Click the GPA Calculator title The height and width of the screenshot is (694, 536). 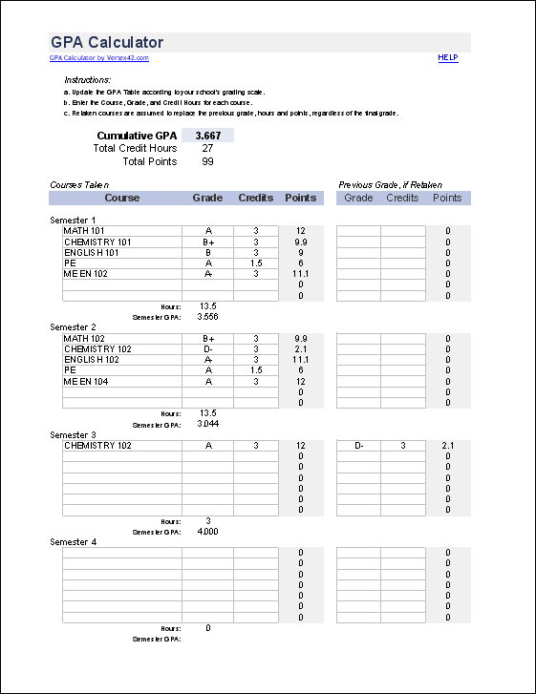click(x=106, y=42)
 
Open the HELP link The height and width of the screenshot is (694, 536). click(x=448, y=58)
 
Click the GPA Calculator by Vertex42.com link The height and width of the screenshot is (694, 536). click(x=99, y=58)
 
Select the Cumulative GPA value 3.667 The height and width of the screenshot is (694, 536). click(x=207, y=136)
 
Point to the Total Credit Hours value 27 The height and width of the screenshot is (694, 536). click(x=207, y=149)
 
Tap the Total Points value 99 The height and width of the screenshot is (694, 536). click(x=207, y=161)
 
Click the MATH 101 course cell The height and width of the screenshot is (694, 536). click(x=85, y=231)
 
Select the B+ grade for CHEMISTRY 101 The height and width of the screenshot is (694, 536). click(x=207, y=242)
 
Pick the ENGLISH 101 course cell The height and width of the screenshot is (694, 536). click(x=91, y=253)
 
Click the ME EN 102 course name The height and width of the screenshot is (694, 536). click(x=85, y=274)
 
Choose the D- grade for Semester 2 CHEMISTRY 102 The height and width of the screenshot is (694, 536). click(x=207, y=349)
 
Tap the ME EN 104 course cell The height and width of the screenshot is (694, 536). click(x=85, y=381)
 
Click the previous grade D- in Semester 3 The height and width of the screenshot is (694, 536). click(x=358, y=446)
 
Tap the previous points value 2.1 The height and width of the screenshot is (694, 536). click(x=447, y=446)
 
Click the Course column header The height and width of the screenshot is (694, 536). click(x=121, y=199)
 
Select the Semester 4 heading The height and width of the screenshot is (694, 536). click(x=74, y=541)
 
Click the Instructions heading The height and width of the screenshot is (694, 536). click(x=87, y=79)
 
